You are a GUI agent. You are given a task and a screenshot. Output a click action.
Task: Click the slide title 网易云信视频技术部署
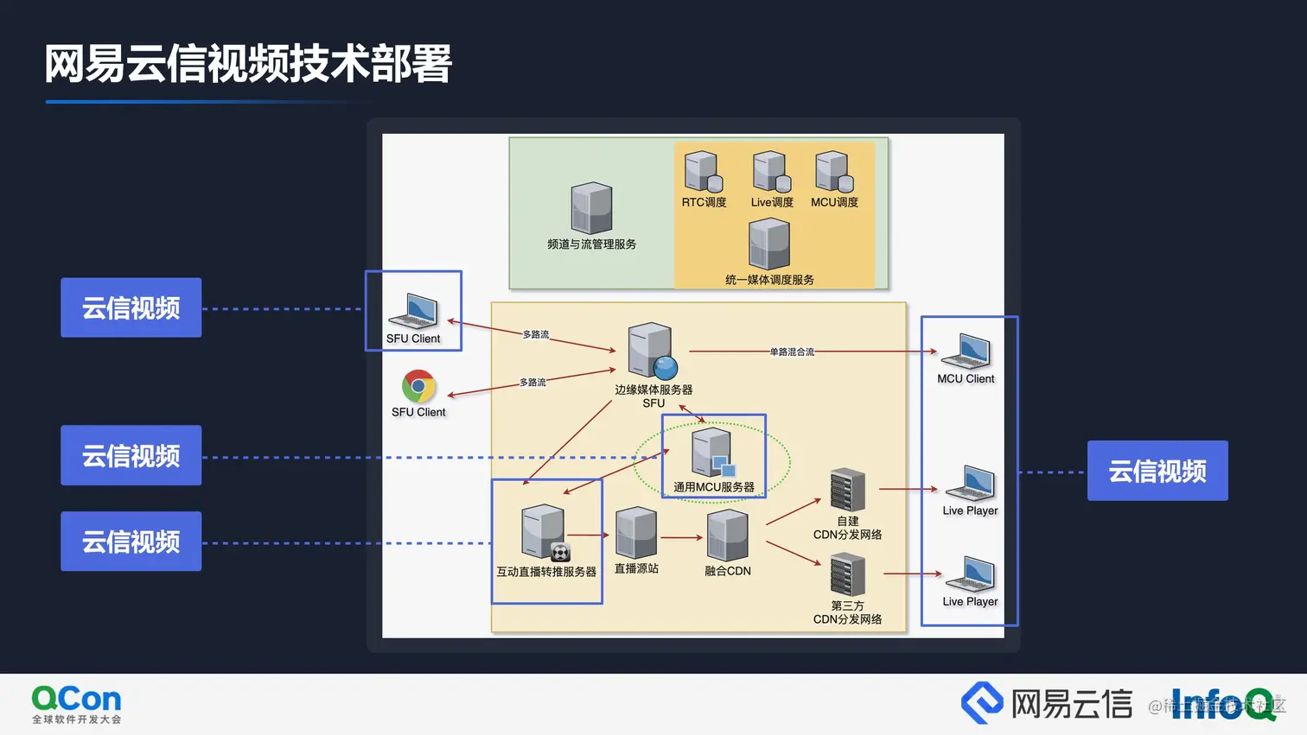click(x=248, y=64)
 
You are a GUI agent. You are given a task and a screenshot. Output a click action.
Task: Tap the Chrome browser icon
click(x=418, y=387)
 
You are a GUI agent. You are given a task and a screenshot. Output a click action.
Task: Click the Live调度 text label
click(x=772, y=202)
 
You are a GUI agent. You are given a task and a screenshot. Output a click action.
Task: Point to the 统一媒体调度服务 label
click(x=769, y=280)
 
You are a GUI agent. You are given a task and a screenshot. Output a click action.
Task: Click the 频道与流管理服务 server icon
click(x=591, y=207)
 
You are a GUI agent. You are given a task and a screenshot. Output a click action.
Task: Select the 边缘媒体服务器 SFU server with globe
click(x=653, y=351)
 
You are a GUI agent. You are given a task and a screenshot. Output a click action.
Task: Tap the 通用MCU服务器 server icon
click(x=712, y=453)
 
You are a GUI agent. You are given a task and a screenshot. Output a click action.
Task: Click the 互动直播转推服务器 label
click(x=546, y=572)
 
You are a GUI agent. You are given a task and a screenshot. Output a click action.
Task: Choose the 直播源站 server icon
click(x=636, y=533)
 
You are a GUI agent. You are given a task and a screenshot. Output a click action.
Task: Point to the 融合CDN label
click(x=727, y=571)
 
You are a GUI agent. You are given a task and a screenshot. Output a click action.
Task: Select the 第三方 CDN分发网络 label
click(x=847, y=612)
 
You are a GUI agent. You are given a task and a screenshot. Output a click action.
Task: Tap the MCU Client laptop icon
click(x=966, y=352)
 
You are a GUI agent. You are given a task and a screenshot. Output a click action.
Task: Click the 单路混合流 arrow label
click(x=792, y=352)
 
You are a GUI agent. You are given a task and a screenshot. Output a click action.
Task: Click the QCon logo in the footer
click(x=76, y=704)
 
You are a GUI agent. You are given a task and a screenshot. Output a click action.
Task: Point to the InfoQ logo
click(x=1222, y=704)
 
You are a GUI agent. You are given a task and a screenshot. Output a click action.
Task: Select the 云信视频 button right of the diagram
click(x=1157, y=471)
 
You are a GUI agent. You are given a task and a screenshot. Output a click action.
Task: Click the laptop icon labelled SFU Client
click(x=414, y=311)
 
